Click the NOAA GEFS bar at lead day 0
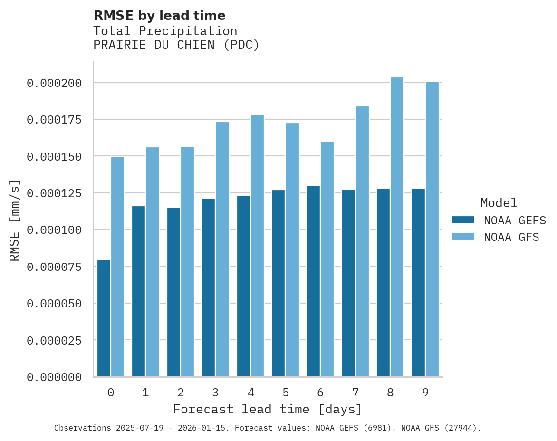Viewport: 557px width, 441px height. tap(104, 318)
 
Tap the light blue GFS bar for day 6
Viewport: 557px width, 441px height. tap(327, 259)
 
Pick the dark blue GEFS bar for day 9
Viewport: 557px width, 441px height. tap(418, 283)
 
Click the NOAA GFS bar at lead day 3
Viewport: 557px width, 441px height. tap(222, 249)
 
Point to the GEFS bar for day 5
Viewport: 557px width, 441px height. tap(278, 283)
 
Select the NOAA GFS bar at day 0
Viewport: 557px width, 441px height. tap(117, 267)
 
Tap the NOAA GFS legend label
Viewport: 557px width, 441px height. tap(511, 237)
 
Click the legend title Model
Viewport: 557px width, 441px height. tap(499, 203)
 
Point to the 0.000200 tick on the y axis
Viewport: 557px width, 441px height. tap(54, 83)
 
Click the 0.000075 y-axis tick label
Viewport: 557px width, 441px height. tap(54, 267)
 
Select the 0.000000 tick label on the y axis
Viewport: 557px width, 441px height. tap(54, 377)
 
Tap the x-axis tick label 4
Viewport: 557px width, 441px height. tap(250, 393)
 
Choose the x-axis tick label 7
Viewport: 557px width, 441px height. tap(355, 393)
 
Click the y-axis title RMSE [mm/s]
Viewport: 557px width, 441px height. tap(15, 220)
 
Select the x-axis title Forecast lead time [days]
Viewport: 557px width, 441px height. tap(268, 409)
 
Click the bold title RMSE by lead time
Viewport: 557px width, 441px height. tap(159, 16)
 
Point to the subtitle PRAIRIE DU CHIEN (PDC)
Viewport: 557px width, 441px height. tap(176, 45)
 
